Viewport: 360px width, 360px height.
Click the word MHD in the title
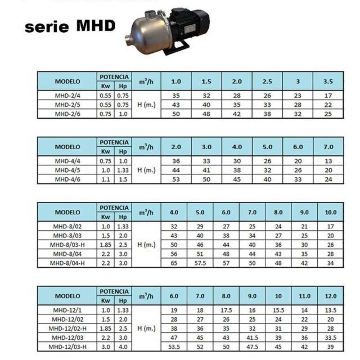click(x=96, y=25)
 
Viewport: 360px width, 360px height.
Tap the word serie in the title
click(x=47, y=27)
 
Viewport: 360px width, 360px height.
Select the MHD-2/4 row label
click(x=67, y=96)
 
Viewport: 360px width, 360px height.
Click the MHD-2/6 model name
click(x=67, y=114)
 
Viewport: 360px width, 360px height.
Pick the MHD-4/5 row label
click(x=67, y=170)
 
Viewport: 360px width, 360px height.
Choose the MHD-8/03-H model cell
click(x=67, y=245)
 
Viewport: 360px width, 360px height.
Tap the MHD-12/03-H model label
click(x=67, y=346)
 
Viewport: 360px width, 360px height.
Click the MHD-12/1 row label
click(x=67, y=310)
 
